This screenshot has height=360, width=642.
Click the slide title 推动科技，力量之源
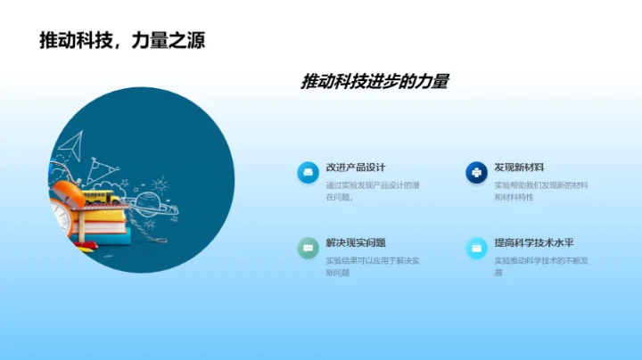coord(122,40)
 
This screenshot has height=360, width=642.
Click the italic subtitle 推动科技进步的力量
coord(374,82)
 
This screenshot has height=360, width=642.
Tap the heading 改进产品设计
coord(356,168)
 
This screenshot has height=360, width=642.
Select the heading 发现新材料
coord(519,168)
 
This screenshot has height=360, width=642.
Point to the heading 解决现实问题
coord(356,242)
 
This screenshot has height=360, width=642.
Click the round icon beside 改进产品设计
coord(308,173)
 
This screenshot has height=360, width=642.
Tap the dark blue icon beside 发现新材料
coord(476,173)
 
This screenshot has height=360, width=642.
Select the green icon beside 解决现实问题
coord(308,248)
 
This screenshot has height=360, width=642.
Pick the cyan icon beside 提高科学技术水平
coord(476,248)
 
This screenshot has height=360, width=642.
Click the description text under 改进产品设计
coord(373,191)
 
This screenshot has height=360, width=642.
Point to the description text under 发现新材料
coord(540,191)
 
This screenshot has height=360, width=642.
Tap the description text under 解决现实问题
coord(373,266)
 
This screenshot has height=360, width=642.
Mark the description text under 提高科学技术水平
coord(540,266)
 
